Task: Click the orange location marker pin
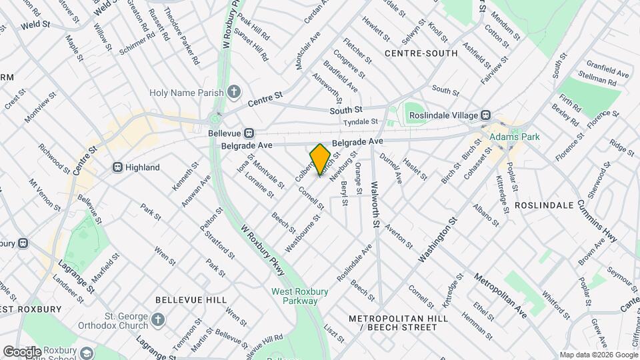pyautogui.click(x=320, y=158)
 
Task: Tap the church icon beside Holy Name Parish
pyautogui.click(x=234, y=92)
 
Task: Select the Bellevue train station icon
pyautogui.click(x=248, y=133)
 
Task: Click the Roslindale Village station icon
pyautogui.click(x=487, y=115)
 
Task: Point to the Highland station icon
pyautogui.click(x=117, y=167)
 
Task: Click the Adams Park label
pyautogui.click(x=513, y=137)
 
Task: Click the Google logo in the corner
pyautogui.click(x=22, y=351)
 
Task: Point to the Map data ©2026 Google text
pyautogui.click(x=597, y=355)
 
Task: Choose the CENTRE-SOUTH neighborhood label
pyautogui.click(x=421, y=53)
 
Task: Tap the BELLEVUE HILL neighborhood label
pyautogui.click(x=191, y=301)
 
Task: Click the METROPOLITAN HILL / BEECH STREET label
pyautogui.click(x=398, y=323)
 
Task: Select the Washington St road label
pyautogui.click(x=439, y=239)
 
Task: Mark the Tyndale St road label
pyautogui.click(x=361, y=121)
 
